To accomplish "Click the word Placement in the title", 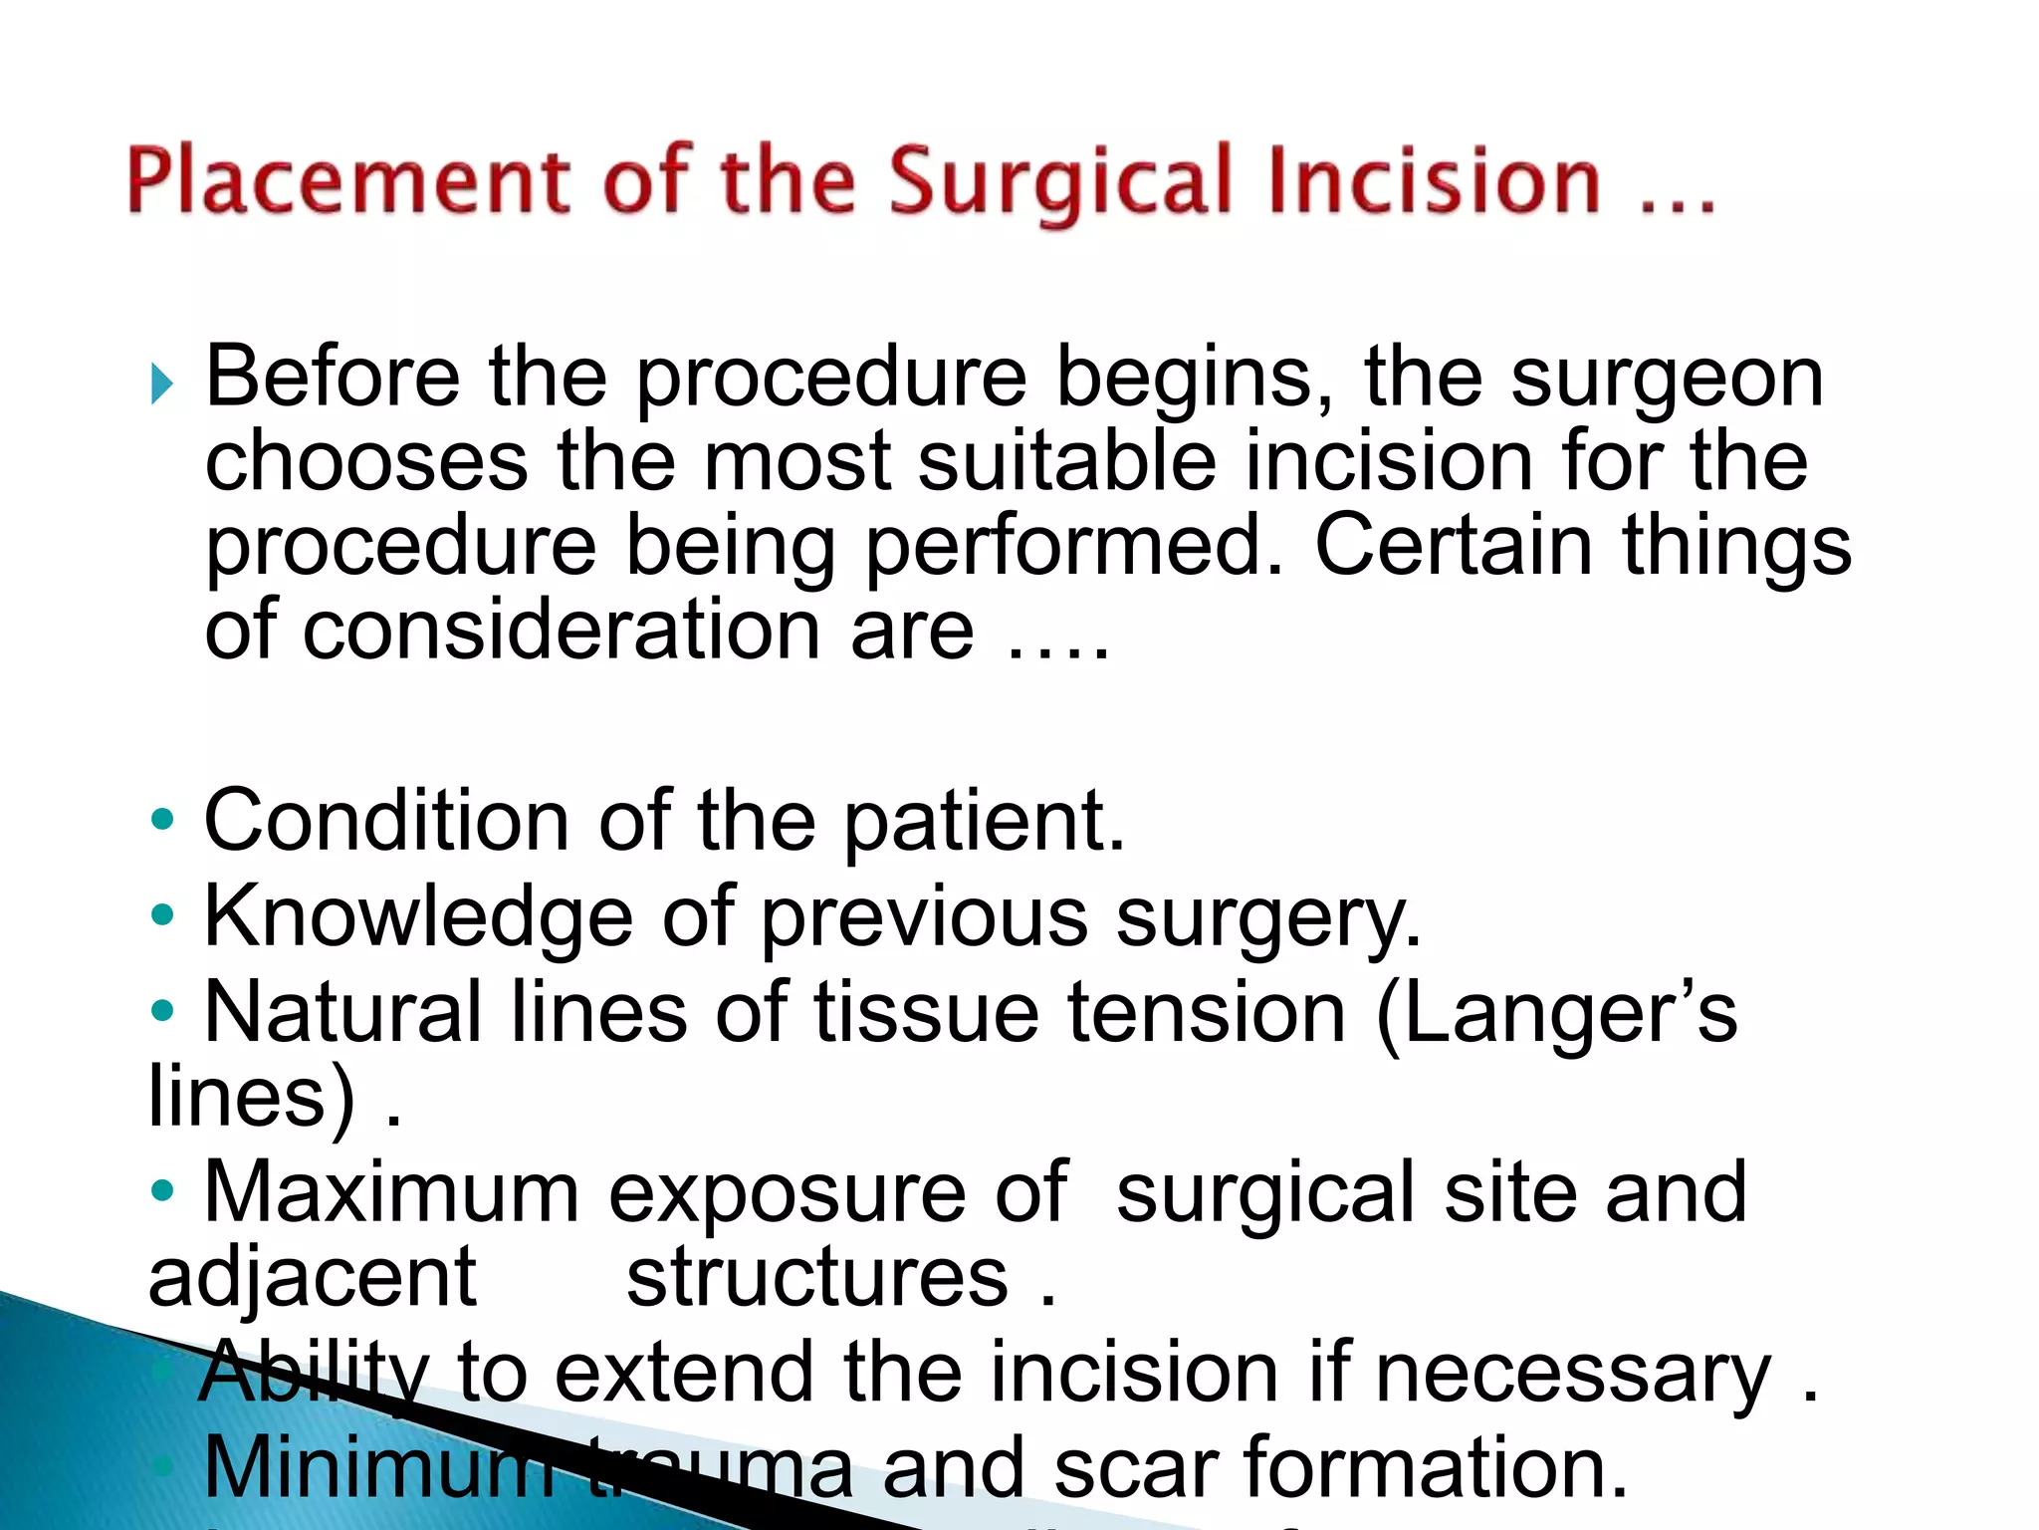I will coord(348,181).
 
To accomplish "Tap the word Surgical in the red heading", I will coord(1060,181).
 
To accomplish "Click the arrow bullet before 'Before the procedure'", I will coord(162,383).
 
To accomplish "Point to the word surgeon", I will coord(1667,380).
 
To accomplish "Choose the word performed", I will coord(1074,547).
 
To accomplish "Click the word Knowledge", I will coord(418,917).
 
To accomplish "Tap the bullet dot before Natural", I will coord(162,1012).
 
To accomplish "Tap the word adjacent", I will coord(312,1278).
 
